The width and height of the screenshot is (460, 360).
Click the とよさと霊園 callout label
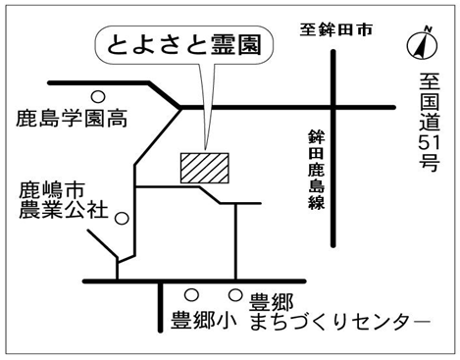coord(184,45)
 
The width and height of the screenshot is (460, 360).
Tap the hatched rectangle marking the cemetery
coord(205,168)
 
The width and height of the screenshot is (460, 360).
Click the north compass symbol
coord(422,44)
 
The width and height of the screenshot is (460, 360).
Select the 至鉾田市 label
coord(336,29)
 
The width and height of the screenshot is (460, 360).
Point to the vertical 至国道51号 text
coord(430,122)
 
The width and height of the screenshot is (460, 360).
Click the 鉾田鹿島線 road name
coord(316,170)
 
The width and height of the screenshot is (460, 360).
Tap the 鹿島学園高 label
coord(72,118)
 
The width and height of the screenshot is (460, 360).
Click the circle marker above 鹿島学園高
coord(98,97)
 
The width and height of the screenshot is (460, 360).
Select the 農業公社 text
coord(64,210)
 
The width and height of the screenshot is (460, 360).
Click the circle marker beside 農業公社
coord(122,218)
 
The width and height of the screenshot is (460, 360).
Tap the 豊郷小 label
coord(204,320)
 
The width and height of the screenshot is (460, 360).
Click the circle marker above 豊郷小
coord(191,295)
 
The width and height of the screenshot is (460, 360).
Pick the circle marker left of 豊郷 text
coord(235,295)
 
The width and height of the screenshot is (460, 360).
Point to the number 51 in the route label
coord(430,142)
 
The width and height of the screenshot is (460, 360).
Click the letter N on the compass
coord(429,29)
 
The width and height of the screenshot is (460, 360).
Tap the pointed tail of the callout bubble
coord(205,148)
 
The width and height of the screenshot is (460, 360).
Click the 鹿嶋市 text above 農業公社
coord(52,190)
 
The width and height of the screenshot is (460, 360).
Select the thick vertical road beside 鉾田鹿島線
coord(333,148)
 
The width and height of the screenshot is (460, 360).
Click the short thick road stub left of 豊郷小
coord(160,307)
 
